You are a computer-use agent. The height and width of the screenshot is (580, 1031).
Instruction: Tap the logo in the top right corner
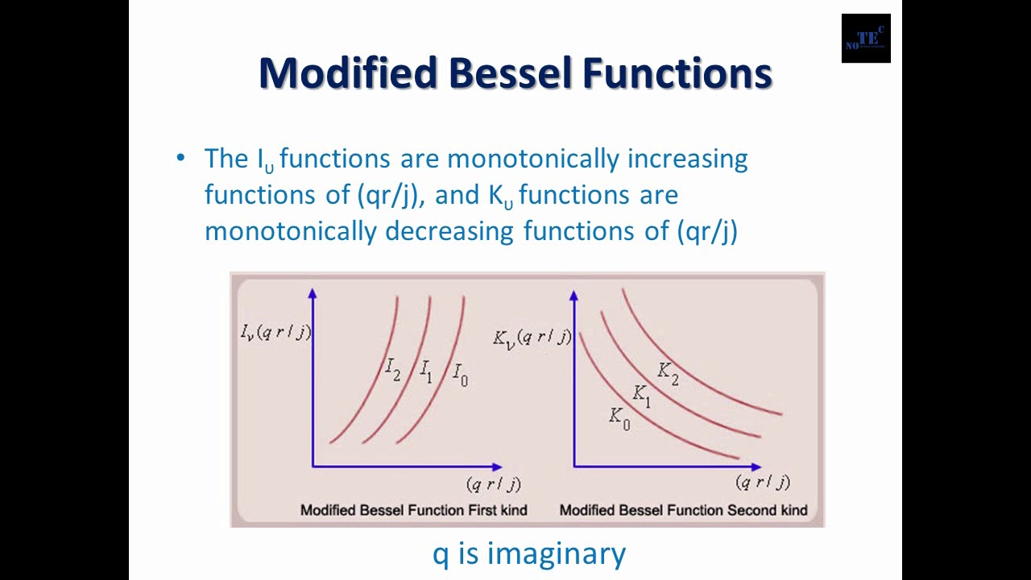(x=866, y=38)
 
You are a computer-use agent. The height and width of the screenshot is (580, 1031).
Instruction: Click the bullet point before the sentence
(x=180, y=157)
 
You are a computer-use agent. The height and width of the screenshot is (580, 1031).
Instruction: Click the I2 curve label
(x=392, y=371)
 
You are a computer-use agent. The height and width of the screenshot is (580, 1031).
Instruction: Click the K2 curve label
(x=668, y=373)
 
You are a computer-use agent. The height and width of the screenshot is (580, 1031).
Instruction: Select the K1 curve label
(x=641, y=395)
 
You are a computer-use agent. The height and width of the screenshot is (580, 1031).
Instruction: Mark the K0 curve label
(x=619, y=418)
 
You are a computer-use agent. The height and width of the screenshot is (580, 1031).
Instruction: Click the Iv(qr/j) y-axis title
(x=275, y=332)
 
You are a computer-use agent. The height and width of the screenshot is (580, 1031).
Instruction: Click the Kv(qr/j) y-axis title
(x=532, y=338)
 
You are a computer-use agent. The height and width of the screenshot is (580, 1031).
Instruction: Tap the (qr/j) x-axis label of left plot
(x=493, y=484)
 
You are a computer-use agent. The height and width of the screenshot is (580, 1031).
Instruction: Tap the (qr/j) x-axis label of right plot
(x=762, y=483)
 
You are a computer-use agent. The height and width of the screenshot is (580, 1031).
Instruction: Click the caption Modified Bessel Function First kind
(x=413, y=510)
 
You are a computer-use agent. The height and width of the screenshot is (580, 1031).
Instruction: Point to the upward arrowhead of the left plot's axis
(x=313, y=294)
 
